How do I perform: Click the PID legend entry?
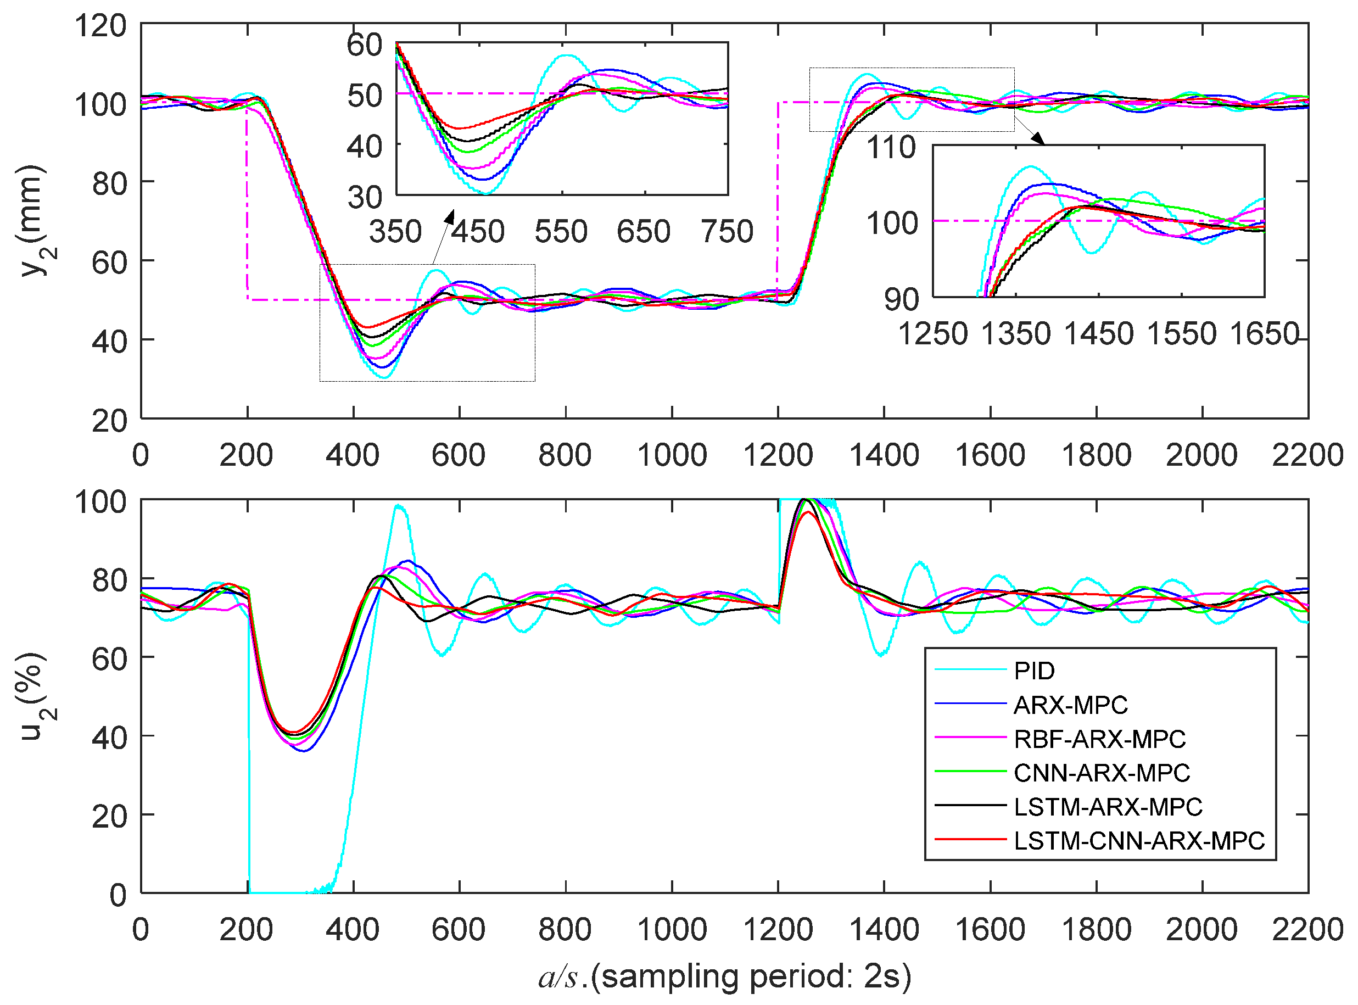tap(1034, 671)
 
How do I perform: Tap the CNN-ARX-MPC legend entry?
tap(1102, 773)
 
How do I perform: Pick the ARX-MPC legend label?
tap(1070, 705)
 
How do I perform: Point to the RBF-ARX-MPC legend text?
tap(1099, 739)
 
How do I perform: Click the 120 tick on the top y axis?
tap(100, 26)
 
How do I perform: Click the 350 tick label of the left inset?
tap(395, 232)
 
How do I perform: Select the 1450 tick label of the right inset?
tap(1098, 334)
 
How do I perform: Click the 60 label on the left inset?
tap(364, 45)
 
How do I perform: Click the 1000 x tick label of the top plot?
tap(672, 455)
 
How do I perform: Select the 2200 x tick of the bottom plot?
tap(1307, 930)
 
